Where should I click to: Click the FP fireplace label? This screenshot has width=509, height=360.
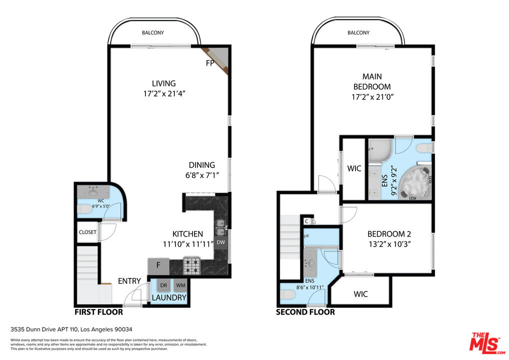pyautogui.click(x=210, y=63)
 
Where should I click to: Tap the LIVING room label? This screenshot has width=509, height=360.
pyautogui.click(x=164, y=83)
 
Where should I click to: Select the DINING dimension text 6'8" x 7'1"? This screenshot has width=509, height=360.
pyautogui.click(x=202, y=175)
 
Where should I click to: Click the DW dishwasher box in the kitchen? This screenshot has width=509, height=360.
pyautogui.click(x=220, y=242)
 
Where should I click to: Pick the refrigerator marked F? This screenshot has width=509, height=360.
pyautogui.click(x=158, y=266)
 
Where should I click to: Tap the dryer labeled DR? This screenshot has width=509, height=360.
pyautogui.click(x=163, y=285)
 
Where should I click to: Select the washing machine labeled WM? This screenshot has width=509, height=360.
pyautogui.click(x=180, y=285)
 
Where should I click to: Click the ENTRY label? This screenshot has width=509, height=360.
pyautogui.click(x=129, y=281)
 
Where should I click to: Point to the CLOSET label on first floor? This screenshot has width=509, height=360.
pyautogui.click(x=87, y=232)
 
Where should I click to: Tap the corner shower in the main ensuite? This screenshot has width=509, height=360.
pyautogui.click(x=380, y=150)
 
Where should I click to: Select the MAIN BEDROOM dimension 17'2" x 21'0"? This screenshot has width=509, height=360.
pyautogui.click(x=372, y=96)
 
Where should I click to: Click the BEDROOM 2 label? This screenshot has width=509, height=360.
pyautogui.click(x=389, y=234)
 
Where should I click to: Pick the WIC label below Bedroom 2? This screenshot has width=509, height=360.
pyautogui.click(x=360, y=294)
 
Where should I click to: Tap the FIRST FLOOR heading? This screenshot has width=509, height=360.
pyautogui.click(x=98, y=312)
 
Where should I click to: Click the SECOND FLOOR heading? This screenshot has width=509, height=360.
pyautogui.click(x=305, y=312)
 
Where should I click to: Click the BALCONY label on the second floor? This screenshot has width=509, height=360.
pyautogui.click(x=358, y=33)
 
